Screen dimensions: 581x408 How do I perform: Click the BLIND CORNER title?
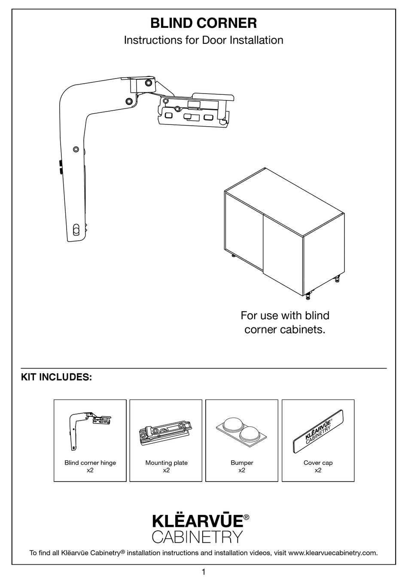coord(204,23)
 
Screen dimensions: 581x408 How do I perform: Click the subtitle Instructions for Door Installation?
coord(204,40)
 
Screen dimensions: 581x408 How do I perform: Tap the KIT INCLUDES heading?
coord(56,377)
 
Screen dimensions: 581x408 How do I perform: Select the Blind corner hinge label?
coord(90,463)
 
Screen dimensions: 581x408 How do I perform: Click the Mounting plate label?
coord(166,463)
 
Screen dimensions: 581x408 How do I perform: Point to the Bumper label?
coord(242,463)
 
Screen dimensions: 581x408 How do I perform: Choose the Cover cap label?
coord(318,463)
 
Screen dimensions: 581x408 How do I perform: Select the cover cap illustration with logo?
coord(318,430)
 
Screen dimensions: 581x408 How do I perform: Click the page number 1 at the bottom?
coord(204,572)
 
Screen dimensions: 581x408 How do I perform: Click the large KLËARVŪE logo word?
coord(198,521)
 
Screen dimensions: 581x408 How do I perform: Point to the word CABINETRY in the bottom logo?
coord(198,537)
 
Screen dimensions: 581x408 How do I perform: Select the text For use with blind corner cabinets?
coord(285,323)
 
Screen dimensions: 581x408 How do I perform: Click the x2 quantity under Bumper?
coord(242,470)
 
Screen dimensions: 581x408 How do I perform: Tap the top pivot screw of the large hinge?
coord(148,82)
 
